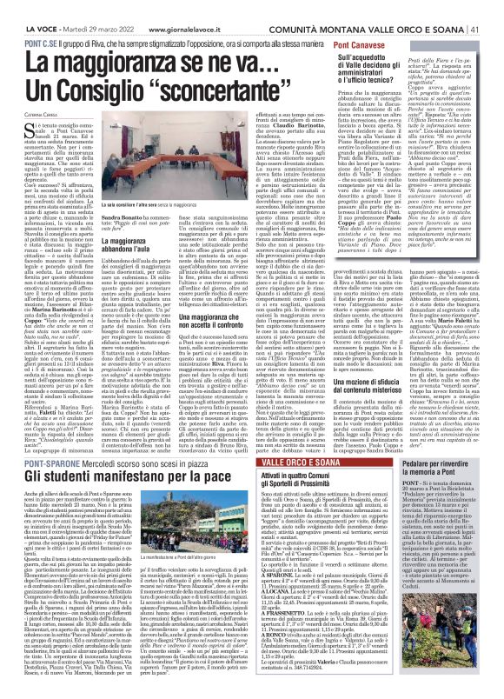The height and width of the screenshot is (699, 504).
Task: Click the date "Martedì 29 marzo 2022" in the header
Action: tap(87, 8)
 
